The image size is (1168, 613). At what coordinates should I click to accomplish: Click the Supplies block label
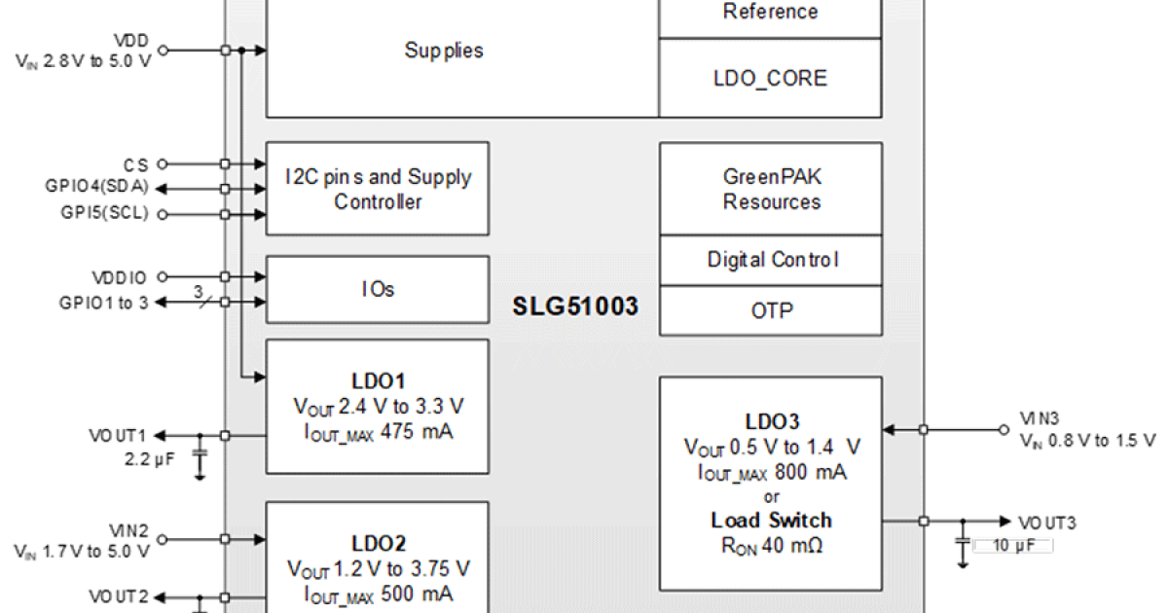pyautogui.click(x=444, y=51)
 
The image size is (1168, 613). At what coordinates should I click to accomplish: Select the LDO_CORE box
pyautogui.click(x=770, y=78)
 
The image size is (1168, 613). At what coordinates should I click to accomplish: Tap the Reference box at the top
pyautogui.click(x=770, y=13)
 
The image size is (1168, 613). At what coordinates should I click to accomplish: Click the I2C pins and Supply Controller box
pyautogui.click(x=378, y=189)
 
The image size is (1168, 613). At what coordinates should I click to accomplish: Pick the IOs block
pyautogui.click(x=378, y=289)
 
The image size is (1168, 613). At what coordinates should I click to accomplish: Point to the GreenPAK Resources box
pyautogui.click(x=771, y=189)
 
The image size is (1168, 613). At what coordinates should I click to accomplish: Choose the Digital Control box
pyautogui.click(x=771, y=260)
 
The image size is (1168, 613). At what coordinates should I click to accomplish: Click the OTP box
pyautogui.click(x=771, y=311)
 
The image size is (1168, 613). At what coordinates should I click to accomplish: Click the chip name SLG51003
pyautogui.click(x=575, y=307)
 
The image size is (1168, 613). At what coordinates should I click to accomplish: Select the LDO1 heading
pyautogui.click(x=378, y=379)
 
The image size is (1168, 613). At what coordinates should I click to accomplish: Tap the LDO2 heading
pyautogui.click(x=378, y=543)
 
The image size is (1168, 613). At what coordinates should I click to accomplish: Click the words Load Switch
pyautogui.click(x=771, y=520)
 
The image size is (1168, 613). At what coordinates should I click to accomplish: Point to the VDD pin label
pyautogui.click(x=131, y=42)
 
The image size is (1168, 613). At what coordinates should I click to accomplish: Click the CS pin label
pyautogui.click(x=135, y=164)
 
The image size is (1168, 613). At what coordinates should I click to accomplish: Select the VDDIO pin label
pyautogui.click(x=121, y=277)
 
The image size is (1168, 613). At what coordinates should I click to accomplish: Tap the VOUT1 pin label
pyautogui.click(x=117, y=435)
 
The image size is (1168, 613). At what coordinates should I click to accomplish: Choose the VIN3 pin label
pyautogui.click(x=1039, y=418)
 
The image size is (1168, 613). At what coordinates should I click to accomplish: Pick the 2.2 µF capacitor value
pyautogui.click(x=147, y=457)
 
